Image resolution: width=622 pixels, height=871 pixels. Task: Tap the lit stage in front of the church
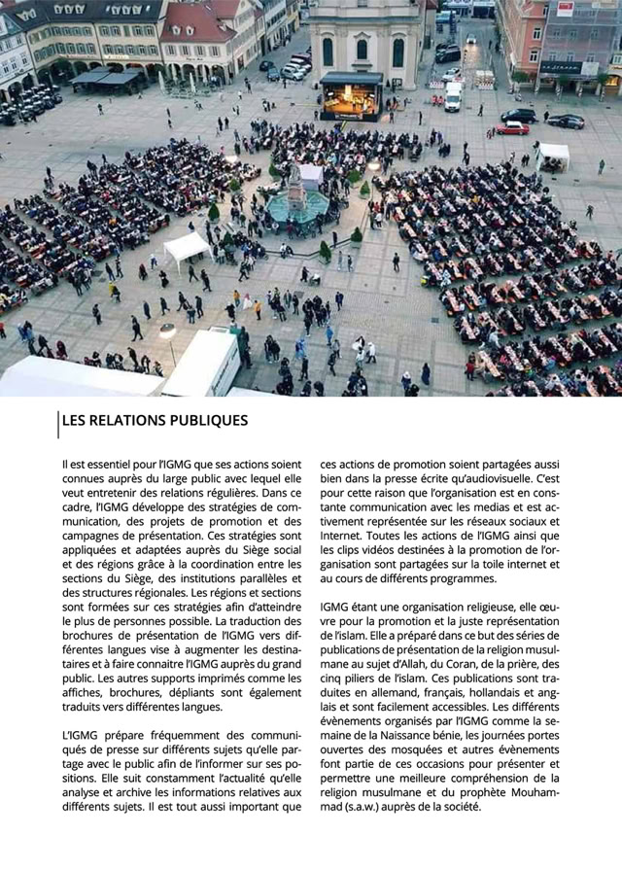click(x=351, y=97)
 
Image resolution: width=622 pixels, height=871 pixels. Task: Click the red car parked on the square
click(x=512, y=128)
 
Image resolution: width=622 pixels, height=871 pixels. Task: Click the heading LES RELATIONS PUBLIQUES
click(x=155, y=421)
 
